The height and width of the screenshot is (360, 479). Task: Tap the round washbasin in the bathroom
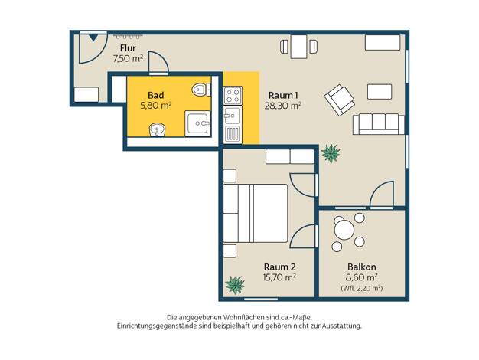click(x=157, y=129)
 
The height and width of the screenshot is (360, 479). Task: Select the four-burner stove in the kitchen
click(x=233, y=96)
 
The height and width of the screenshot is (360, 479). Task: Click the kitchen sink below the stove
click(x=233, y=125)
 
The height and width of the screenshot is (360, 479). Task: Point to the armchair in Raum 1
click(x=339, y=100)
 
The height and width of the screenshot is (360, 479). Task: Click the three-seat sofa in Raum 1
click(x=379, y=124)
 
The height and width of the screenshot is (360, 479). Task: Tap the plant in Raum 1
click(x=331, y=153)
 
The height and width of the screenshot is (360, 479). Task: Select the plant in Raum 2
click(x=235, y=284)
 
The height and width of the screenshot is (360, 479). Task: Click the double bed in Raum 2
click(x=256, y=213)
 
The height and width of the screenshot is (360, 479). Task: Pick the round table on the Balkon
click(x=344, y=230)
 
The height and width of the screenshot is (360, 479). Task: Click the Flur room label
click(x=128, y=48)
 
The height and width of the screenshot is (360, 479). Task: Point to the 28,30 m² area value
click(x=283, y=106)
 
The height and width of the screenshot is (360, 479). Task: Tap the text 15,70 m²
click(x=279, y=277)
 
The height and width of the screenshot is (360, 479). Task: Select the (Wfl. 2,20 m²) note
click(x=361, y=288)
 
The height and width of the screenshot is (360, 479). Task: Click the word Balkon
click(x=362, y=267)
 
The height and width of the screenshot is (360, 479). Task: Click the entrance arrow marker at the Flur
click(x=93, y=38)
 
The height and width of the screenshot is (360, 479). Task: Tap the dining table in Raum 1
click(x=298, y=47)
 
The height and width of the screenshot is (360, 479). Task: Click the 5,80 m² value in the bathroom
click(x=156, y=106)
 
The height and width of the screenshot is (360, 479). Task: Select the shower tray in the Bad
click(x=197, y=123)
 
